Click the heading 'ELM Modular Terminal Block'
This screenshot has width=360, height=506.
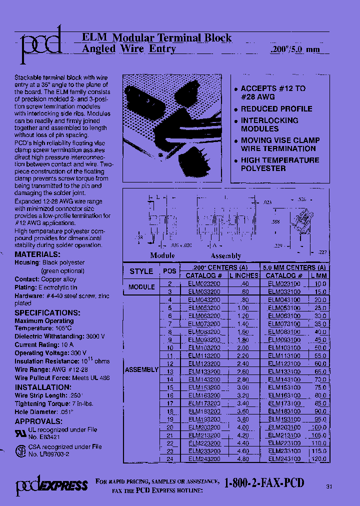pyautogui.click(x=156, y=38)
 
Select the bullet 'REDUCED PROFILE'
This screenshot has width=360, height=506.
pyautogui.click(x=276, y=108)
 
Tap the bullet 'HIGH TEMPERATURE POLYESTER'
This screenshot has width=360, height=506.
pyautogui.click(x=279, y=164)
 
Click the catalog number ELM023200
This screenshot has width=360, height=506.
pyautogui.click(x=204, y=283)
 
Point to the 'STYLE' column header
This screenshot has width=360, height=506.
pyautogui.click(x=141, y=271)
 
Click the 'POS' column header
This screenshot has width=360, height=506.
pyautogui.click(x=169, y=271)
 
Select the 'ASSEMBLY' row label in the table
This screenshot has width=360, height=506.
pyautogui.click(x=141, y=369)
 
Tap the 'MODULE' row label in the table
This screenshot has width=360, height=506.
pyautogui.click(x=141, y=287)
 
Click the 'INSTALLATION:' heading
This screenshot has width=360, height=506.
pyautogui.click(x=43, y=387)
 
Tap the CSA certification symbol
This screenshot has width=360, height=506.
pyautogui.click(x=20, y=450)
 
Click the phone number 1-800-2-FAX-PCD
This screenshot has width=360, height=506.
pyautogui.click(x=264, y=483)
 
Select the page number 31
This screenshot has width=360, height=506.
pyautogui.click(x=328, y=486)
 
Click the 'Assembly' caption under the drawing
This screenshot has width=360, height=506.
pyautogui.click(x=226, y=255)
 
